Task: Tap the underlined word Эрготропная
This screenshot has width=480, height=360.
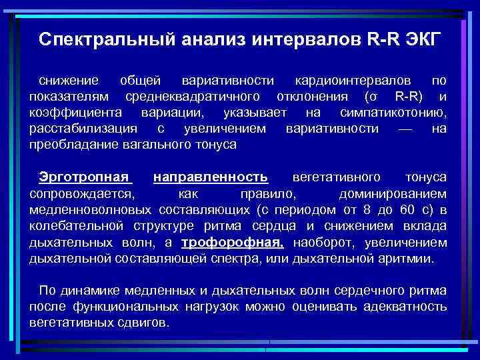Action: (83, 177)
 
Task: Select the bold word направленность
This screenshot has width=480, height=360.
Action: (211, 177)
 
